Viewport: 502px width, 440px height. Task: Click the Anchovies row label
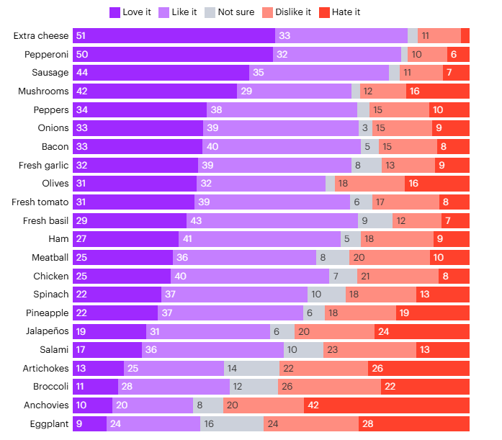pos(46,405)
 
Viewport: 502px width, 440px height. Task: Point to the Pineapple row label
pos(48,313)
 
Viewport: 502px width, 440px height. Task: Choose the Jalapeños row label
pos(47,331)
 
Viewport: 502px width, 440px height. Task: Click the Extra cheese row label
pos(42,35)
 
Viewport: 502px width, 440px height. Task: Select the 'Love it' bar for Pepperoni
pos(173,54)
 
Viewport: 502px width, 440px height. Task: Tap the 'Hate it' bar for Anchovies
pos(386,405)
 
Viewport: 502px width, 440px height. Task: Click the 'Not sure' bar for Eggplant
pos(231,423)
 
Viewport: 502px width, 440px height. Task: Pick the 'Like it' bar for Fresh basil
pos(272,220)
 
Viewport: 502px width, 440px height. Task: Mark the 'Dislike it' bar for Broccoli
pos(329,387)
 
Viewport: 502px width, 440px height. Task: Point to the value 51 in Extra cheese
pos(81,35)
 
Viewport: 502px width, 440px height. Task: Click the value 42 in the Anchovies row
pos(314,405)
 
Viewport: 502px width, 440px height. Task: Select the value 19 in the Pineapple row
pos(404,313)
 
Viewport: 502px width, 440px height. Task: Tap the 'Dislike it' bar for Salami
pos(369,349)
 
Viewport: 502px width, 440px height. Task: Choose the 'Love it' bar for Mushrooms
pos(155,91)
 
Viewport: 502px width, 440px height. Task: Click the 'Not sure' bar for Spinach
pos(326,294)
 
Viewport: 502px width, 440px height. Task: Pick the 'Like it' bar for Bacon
pos(282,146)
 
